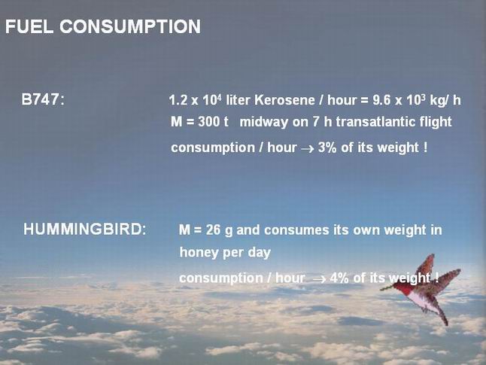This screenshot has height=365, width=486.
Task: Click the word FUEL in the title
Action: (x=29, y=26)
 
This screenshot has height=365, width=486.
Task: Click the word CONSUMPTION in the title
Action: (x=130, y=26)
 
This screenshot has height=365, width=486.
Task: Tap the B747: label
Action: (x=43, y=100)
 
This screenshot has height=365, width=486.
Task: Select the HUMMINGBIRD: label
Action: (x=84, y=230)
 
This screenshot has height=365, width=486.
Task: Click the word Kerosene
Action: (x=284, y=100)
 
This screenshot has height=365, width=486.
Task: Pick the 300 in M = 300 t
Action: (x=208, y=122)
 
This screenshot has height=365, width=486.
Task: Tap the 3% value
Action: (x=327, y=148)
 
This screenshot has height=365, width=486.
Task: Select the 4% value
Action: (x=339, y=278)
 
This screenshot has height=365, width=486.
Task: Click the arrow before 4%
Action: (x=320, y=279)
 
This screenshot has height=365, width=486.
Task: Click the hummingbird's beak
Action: (x=387, y=288)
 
